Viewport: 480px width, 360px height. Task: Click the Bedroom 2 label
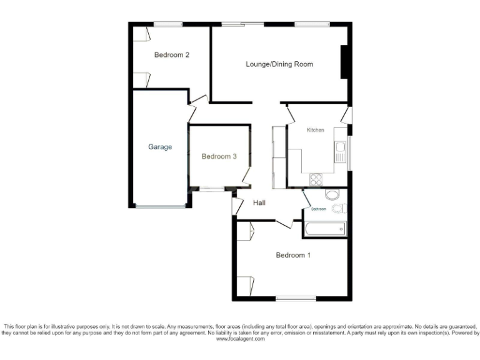pos(172,55)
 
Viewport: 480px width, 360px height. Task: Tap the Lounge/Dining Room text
pos(279,64)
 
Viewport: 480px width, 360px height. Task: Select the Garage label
pos(159,147)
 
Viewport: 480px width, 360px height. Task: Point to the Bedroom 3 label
pos(219,157)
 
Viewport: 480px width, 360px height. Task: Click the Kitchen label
pos(315,130)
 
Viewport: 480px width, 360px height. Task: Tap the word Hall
pos(259,203)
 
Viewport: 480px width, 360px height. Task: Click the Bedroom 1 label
pos(293,255)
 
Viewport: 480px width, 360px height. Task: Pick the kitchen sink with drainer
pos(341,151)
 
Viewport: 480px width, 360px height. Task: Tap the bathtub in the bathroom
pos(324,229)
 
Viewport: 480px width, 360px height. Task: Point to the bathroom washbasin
pos(332,194)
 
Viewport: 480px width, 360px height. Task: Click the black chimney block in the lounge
pos(343,62)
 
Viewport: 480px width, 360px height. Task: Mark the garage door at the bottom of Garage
pos(160,206)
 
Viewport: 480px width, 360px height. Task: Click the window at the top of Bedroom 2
pos(168,24)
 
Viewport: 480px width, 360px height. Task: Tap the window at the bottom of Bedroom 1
pos(296,298)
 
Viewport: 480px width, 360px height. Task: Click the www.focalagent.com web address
pos(240,339)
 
